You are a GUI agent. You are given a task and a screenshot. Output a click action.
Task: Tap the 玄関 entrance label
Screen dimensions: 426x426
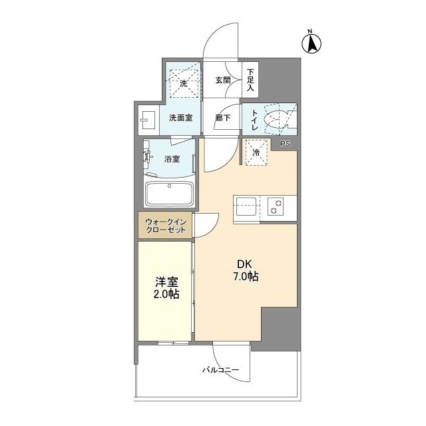pyautogui.click(x=223, y=80)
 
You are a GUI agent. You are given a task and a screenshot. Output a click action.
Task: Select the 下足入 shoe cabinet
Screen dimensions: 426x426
pyautogui.click(x=250, y=80)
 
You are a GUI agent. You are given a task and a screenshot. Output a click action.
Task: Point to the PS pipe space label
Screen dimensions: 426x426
pyautogui.click(x=285, y=144)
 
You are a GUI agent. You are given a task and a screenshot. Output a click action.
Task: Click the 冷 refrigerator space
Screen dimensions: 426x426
pyautogui.click(x=256, y=152)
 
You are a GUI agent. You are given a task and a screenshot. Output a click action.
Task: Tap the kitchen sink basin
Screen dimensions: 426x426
pyautogui.click(x=246, y=206)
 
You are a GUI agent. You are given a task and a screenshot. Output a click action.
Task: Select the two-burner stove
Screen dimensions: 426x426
pyautogui.click(x=276, y=206)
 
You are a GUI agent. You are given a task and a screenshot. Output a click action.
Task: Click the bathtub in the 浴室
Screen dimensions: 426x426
pyautogui.click(x=169, y=194)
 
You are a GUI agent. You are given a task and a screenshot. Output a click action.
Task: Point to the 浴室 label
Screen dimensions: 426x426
pyautogui.click(x=172, y=159)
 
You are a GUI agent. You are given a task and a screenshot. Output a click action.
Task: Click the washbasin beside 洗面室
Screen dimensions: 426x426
pyautogui.click(x=148, y=120)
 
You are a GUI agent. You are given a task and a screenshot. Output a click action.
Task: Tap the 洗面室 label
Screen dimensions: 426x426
pyautogui.click(x=181, y=118)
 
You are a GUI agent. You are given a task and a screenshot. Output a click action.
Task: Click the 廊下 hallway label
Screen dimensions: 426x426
pyautogui.click(x=223, y=118)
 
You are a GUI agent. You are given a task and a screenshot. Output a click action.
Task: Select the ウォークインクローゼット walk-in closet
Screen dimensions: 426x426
pyautogui.click(x=165, y=226)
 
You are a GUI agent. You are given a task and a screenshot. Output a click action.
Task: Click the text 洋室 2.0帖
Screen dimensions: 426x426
pyautogui.click(x=166, y=288)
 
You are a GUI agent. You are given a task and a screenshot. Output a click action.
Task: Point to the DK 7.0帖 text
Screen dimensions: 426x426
pyautogui.click(x=246, y=270)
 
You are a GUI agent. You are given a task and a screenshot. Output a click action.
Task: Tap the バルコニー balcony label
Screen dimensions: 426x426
pyautogui.click(x=220, y=370)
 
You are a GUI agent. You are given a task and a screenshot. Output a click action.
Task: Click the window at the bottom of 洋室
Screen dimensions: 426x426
pyautogui.click(x=173, y=343)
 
